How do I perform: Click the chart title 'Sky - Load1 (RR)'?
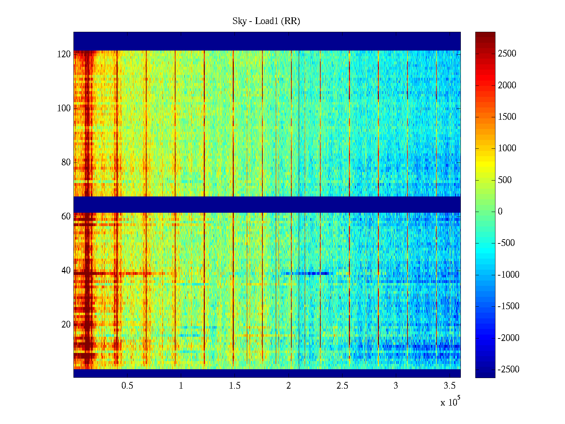click(266, 21)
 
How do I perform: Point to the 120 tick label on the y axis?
click(64, 54)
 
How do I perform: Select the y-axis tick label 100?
click(64, 108)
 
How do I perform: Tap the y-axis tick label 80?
click(66, 163)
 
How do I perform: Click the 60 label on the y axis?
click(66, 217)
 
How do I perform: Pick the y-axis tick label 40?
click(66, 271)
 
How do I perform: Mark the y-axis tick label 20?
click(66, 325)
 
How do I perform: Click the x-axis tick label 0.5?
click(127, 386)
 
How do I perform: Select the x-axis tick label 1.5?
click(235, 386)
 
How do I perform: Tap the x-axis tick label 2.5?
click(342, 386)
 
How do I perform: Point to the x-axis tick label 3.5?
click(450, 386)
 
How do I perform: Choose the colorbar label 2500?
click(507, 54)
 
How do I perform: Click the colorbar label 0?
click(500, 212)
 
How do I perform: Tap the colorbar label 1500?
click(507, 117)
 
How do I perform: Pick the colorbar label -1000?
click(509, 275)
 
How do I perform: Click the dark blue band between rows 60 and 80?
click(267, 205)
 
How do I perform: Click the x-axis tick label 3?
click(396, 386)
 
